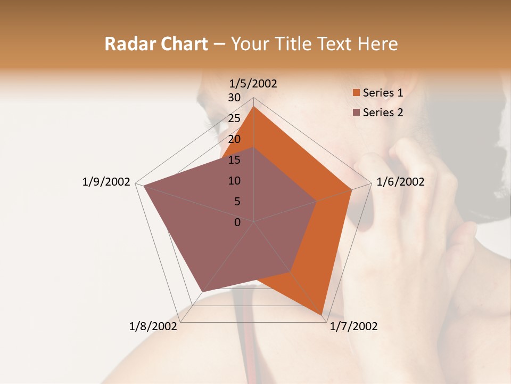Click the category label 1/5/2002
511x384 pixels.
point(253,84)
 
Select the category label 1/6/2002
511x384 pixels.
point(400,182)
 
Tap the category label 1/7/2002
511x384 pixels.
point(353,326)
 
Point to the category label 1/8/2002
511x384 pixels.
point(153,326)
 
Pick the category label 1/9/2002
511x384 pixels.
point(106,182)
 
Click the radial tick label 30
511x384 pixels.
point(234,98)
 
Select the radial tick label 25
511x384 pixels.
point(234,118)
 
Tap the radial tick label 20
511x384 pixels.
point(234,139)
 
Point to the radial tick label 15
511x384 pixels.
point(234,160)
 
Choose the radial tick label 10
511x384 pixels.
point(234,181)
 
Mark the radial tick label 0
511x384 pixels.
point(237,222)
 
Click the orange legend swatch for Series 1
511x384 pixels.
point(357,93)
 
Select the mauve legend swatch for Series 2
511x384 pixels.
point(357,113)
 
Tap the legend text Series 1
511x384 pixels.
point(383,93)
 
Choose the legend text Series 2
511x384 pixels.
point(383,113)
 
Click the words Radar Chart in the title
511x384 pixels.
point(156,44)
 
